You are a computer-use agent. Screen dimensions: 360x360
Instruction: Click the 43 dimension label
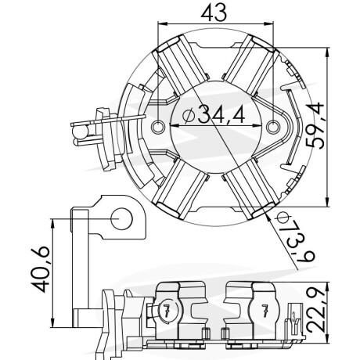[x=214, y=13]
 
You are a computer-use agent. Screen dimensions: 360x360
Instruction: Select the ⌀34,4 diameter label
[x=214, y=115]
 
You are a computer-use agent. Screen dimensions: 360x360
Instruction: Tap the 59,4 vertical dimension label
[x=315, y=126]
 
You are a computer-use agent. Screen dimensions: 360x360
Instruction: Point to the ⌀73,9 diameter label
[x=296, y=237]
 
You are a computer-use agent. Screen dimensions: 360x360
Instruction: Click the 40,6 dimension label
[x=40, y=269]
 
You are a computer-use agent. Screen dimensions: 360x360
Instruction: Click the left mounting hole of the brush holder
[x=158, y=127]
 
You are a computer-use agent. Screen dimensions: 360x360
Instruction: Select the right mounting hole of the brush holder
[x=273, y=127]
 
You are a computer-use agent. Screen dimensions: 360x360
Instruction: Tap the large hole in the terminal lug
[x=121, y=218]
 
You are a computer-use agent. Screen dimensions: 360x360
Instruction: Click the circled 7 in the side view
[x=167, y=310]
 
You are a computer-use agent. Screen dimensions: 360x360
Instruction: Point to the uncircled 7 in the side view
[x=265, y=310]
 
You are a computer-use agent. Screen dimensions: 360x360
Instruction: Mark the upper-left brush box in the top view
[x=182, y=66]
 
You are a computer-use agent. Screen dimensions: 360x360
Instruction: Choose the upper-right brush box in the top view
[x=250, y=65]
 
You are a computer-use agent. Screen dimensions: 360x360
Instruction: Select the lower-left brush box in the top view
[x=182, y=189]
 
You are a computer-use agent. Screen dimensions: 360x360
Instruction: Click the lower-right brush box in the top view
[x=250, y=189]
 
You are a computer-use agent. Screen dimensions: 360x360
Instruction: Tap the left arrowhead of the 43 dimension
[x=162, y=24]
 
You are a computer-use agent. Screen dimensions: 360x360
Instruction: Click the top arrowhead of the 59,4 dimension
[x=328, y=52]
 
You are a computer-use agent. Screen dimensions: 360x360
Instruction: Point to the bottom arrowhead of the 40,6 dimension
[x=53, y=322]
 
